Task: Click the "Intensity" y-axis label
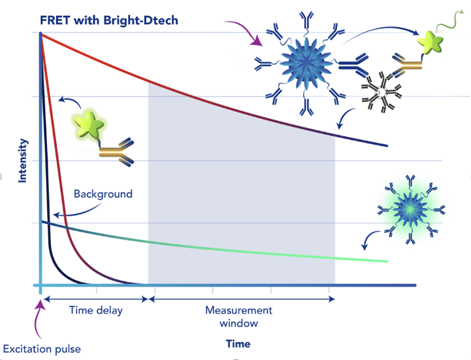coord(23,160)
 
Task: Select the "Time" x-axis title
coord(238,343)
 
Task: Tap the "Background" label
coord(103,194)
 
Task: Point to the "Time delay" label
coord(96,310)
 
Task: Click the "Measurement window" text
coord(238,317)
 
